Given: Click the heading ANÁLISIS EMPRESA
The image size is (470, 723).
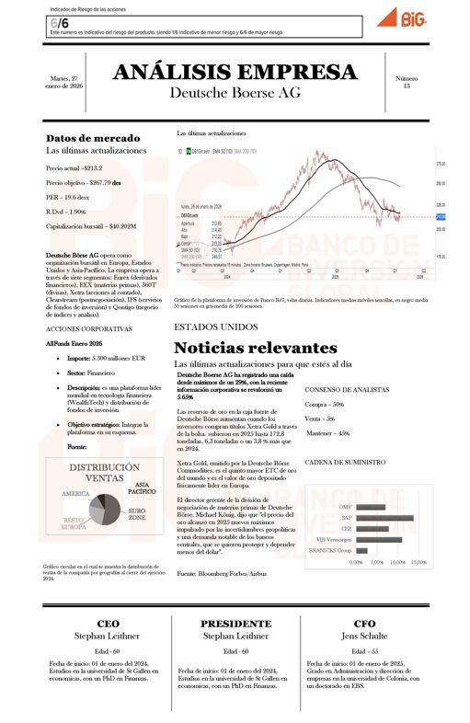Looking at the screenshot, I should tap(235, 73).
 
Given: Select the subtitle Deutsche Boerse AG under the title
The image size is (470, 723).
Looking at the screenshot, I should tap(235, 93).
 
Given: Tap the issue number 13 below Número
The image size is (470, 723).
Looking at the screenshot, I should tap(406, 86).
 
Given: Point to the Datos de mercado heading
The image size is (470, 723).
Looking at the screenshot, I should tap(93, 138).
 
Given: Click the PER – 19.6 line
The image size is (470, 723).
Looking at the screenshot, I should tap(68, 197).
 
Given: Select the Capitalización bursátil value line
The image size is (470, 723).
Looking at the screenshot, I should tap(91, 224).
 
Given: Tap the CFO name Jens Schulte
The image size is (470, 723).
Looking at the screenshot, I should tap(363, 635).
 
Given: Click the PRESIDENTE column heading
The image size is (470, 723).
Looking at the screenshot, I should tap(235, 623).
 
